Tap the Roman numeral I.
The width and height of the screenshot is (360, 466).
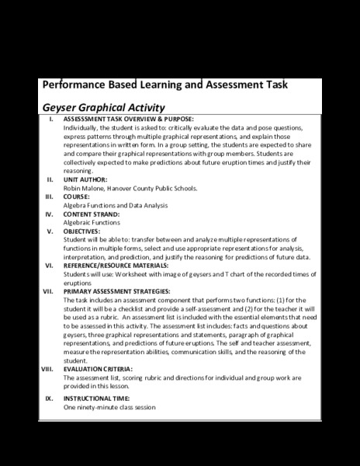pos(50,118)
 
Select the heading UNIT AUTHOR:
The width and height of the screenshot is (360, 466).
pos(89,179)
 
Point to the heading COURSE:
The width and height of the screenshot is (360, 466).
pos(81,196)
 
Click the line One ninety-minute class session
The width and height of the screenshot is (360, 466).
pos(109,407)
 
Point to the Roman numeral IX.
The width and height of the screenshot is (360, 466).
pos(49,398)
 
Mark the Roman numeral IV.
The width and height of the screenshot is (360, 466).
pos(49,214)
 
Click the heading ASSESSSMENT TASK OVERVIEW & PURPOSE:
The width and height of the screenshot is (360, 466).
pos(128,118)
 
